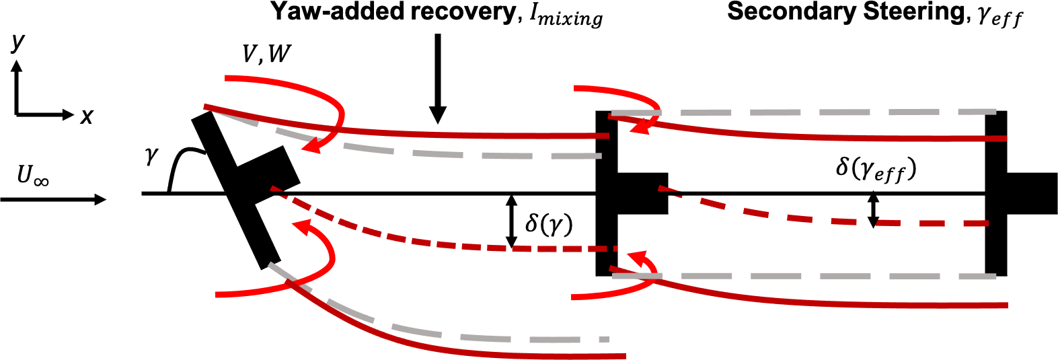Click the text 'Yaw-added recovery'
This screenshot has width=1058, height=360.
tap(392, 11)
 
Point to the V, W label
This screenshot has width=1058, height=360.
tap(266, 54)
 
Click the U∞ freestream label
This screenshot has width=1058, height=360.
tap(32, 176)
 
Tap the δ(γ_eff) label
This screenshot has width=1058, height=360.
tap(876, 169)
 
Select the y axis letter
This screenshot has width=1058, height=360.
tap(17, 42)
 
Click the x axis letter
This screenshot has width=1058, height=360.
tap(87, 116)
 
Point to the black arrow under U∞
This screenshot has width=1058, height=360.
tap(54, 199)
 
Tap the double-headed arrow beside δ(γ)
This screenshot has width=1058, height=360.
tap(511, 221)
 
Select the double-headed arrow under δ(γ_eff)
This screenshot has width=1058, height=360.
tap(873, 209)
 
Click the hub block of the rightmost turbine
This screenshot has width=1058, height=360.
tap(1031, 193)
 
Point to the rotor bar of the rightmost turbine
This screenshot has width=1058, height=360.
tap(996, 193)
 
